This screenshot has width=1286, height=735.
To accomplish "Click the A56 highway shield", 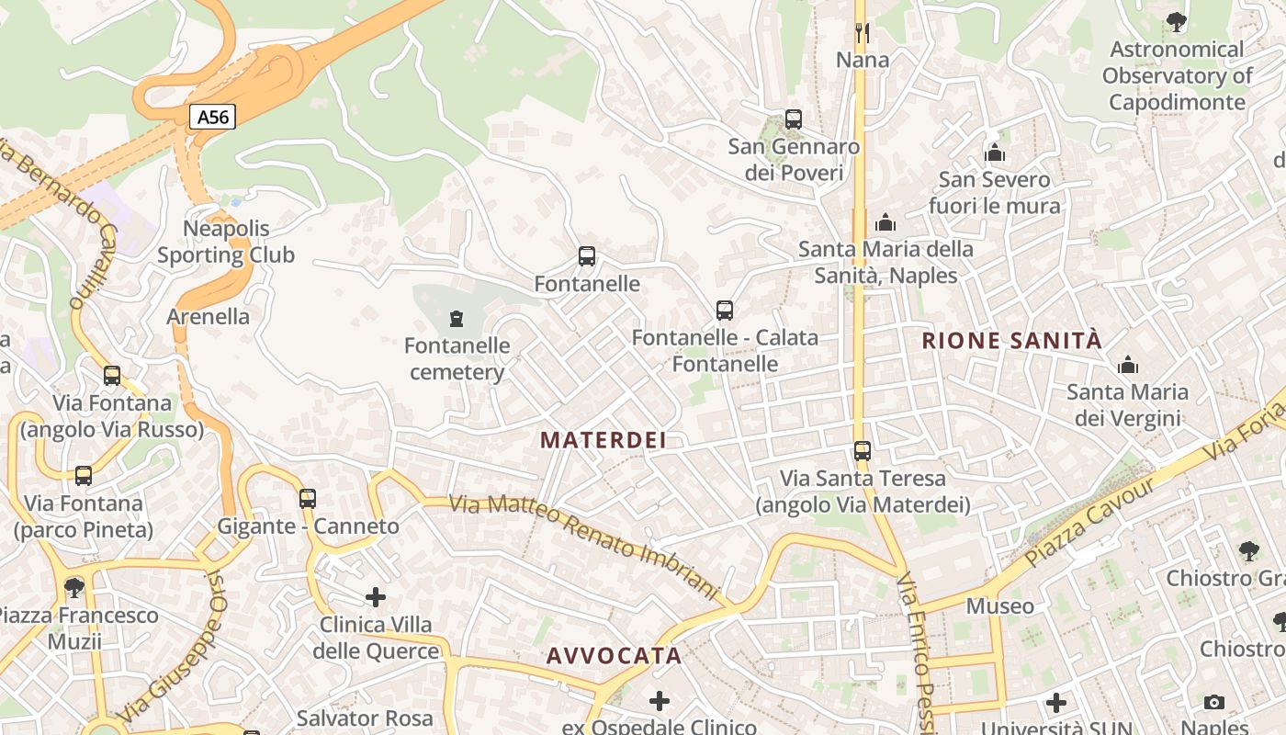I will (213, 117).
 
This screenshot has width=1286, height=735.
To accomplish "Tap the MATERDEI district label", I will (603, 440).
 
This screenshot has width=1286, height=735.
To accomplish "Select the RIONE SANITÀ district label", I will (1011, 341).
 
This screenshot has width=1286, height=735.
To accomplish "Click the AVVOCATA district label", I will (614, 656).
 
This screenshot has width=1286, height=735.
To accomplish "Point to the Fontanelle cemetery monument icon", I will (456, 319).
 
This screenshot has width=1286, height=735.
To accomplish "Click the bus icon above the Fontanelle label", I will (587, 256).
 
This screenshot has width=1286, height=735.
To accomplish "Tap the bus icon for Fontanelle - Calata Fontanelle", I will (725, 311).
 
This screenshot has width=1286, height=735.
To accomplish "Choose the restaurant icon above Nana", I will (862, 33).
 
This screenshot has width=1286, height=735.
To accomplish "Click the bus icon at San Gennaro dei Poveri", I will (794, 119).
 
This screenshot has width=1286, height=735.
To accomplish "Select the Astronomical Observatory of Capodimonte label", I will (1177, 75).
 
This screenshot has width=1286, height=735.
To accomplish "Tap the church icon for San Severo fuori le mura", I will (994, 153).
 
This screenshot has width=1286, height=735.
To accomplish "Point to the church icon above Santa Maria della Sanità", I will (886, 222).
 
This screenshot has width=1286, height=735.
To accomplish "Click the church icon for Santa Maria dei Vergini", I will (1128, 366).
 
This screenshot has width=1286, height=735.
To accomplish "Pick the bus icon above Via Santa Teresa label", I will (863, 451).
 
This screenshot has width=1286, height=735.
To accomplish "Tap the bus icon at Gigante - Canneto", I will (308, 499).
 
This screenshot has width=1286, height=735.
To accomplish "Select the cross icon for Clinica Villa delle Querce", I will (376, 597).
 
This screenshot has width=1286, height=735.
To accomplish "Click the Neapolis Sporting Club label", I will (226, 242).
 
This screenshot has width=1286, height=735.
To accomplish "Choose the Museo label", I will (999, 606).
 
